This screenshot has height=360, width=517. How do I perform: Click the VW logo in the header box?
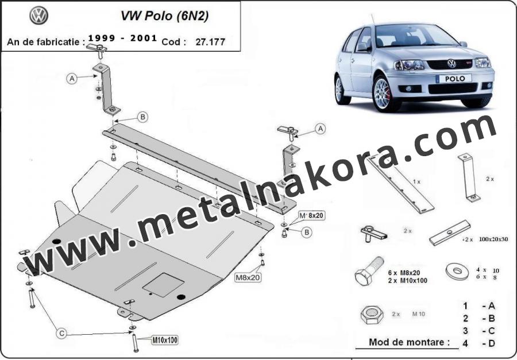[x=39, y=16]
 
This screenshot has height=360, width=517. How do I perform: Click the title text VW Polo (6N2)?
[x=164, y=16]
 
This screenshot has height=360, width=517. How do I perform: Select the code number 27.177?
[x=210, y=42]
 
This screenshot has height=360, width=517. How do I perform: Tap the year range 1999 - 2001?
[x=123, y=38]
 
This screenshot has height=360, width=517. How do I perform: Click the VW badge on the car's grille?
[x=452, y=64]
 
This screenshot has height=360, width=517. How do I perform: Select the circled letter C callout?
[x=61, y=334]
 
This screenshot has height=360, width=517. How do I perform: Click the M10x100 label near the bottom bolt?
[x=164, y=340]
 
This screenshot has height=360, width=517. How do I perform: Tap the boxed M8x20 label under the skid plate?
[x=248, y=277]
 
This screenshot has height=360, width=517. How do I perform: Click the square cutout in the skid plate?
[x=163, y=285]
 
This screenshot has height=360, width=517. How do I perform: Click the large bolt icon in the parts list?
[x=369, y=271]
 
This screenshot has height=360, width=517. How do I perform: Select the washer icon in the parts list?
[x=457, y=272]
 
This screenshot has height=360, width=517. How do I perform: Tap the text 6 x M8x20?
[x=404, y=273]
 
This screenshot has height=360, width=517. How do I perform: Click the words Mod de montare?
[x=409, y=342]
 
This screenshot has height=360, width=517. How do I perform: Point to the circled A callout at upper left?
[x=72, y=79]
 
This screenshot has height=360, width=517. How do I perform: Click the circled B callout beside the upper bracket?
[x=142, y=117]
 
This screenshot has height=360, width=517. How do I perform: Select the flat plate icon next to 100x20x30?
[x=450, y=233]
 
